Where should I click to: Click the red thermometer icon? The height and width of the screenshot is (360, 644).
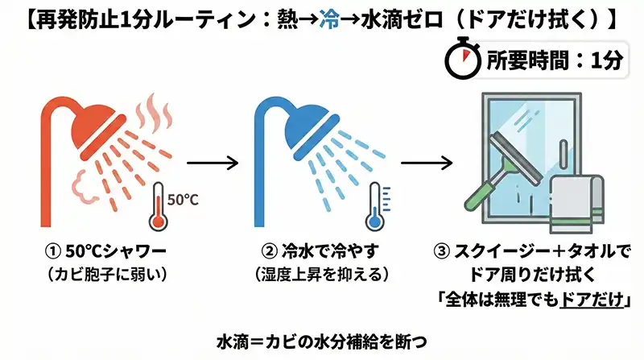tap(158, 210)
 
